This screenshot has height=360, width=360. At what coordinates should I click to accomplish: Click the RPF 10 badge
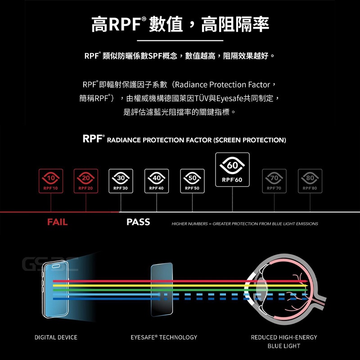[50, 181]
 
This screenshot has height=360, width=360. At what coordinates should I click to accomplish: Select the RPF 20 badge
[85, 181]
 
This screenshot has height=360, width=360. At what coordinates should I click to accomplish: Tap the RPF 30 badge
[121, 181]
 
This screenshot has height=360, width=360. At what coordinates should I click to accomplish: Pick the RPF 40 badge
[157, 181]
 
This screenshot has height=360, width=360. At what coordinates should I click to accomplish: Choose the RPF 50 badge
[192, 181]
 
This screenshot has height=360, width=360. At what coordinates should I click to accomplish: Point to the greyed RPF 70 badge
[274, 181]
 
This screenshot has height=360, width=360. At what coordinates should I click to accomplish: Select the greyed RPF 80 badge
[310, 181]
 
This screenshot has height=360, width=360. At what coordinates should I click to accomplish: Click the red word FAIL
[57, 222]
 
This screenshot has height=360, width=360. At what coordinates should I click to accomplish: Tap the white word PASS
[138, 222]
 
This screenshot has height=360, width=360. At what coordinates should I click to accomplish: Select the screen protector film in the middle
[162, 290]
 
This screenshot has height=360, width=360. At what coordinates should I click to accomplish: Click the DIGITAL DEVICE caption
[56, 337]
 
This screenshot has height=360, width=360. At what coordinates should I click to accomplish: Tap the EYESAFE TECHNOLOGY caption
[164, 337]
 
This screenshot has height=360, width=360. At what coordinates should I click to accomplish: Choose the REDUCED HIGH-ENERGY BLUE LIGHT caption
[283, 342]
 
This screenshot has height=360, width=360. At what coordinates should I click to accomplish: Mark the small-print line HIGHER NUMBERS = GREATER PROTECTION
[245, 224]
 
